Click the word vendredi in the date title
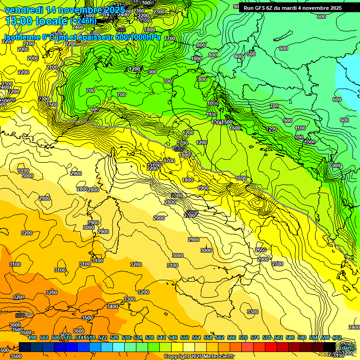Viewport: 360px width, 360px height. click(x=23, y=10)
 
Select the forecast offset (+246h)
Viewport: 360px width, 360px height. click(x=83, y=21)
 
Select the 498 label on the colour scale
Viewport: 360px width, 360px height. click(x=32, y=337)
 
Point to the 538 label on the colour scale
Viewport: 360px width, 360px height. click(x=150, y=337)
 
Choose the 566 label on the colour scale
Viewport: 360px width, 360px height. click(x=232, y=337)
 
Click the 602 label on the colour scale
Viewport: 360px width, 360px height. click(x=337, y=337)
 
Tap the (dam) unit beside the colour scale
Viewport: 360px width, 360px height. click(x=347, y=347)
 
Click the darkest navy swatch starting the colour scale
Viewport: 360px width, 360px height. click(x=25, y=347)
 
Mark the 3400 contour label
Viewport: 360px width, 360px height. click(x=112, y=307)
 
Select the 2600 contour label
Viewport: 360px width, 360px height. click(x=261, y=250)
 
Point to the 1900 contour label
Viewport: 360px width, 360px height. click(x=203, y=188)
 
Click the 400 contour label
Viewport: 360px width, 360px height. click(x=239, y=56)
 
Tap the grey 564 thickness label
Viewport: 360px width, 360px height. click(x=20, y=315)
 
